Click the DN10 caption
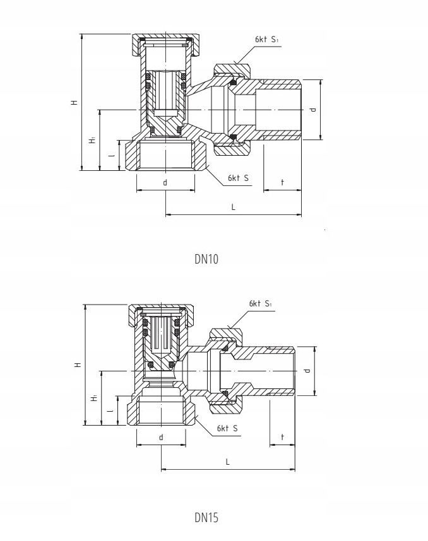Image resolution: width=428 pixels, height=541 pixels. (x=206, y=259)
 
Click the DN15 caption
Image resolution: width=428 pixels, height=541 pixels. (x=206, y=517)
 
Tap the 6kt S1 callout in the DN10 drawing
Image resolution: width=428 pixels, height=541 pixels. (x=266, y=39)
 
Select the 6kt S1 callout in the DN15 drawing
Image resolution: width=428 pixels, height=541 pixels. (x=261, y=303)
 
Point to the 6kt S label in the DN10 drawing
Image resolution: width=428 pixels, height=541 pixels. (x=238, y=178)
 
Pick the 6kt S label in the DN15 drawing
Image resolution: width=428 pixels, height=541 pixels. (x=227, y=428)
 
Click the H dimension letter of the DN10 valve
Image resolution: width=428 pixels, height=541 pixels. (x=74, y=103)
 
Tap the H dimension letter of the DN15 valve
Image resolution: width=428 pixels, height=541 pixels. (x=78, y=364)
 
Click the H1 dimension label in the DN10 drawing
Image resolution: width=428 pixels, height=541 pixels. (x=92, y=140)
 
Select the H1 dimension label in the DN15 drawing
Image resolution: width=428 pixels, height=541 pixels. (x=93, y=398)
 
